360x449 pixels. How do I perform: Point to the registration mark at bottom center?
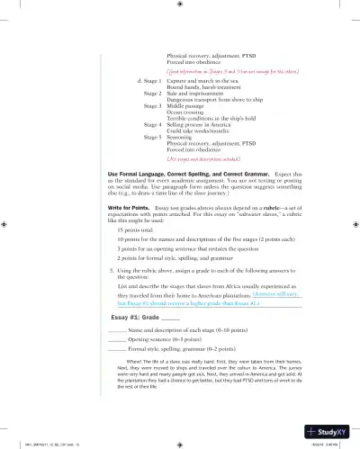pyautogui.click(x=180, y=443)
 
